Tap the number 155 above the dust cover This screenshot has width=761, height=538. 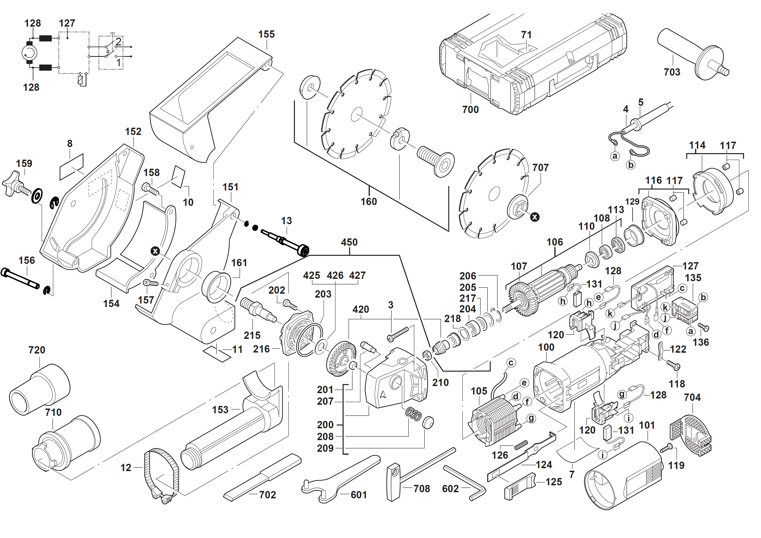point(266,35)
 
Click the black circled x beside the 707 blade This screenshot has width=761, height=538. point(535,217)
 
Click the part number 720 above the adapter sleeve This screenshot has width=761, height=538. point(37,350)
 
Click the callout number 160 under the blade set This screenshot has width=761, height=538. point(369,202)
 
